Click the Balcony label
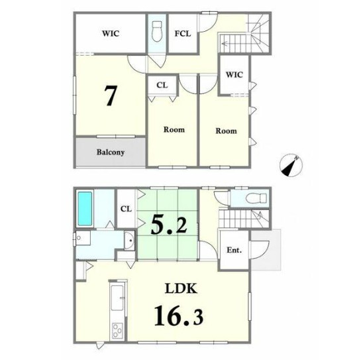111,152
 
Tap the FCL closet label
183,34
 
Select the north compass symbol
291,165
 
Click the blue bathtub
85,209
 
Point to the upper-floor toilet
157,31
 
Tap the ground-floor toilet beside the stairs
256,198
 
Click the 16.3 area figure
179,315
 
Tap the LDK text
181,288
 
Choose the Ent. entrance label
234,250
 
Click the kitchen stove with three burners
117,331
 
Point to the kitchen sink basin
117,298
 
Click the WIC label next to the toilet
111,33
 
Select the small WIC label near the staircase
234,75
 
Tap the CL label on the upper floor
162,86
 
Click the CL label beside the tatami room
126,209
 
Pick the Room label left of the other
174,130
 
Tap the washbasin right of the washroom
129,241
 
